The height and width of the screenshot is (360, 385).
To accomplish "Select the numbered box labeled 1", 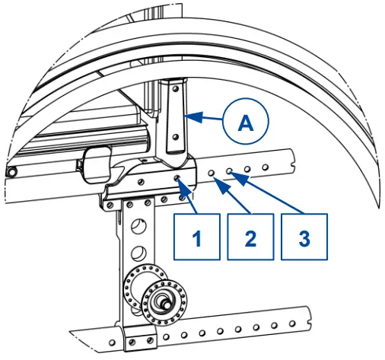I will point(196,237).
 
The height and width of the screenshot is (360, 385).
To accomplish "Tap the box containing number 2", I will point(250,237).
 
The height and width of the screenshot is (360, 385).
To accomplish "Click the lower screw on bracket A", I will point(176,137).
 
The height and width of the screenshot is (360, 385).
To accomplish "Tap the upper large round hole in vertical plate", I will point(138,226).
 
